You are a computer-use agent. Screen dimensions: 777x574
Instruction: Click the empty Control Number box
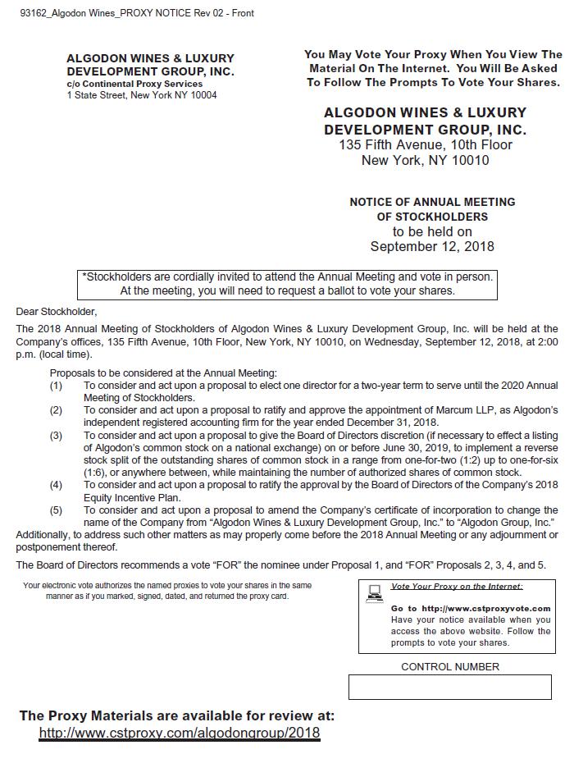[449, 688]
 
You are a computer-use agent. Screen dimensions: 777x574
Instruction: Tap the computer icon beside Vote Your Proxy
[376, 592]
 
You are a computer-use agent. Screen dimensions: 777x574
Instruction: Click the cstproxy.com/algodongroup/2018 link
[179, 733]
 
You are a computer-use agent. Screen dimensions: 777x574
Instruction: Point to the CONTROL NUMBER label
[449, 667]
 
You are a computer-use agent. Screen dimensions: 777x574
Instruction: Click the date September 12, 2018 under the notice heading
[432, 247]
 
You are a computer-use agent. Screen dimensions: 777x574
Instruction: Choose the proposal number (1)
[56, 386]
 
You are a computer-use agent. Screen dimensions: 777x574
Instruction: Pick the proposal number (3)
[56, 436]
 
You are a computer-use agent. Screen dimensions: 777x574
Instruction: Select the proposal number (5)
[56, 510]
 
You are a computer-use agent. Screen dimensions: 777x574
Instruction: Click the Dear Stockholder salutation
[57, 312]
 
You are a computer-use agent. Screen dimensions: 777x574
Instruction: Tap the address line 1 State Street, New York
[142, 95]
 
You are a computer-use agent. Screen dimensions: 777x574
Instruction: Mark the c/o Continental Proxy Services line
[134, 84]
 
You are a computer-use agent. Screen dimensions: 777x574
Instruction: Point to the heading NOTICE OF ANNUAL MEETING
[432, 202]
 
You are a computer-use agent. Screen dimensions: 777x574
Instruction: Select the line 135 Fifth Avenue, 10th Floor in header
[426, 145]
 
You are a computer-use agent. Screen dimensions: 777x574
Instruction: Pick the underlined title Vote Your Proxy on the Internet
[457, 587]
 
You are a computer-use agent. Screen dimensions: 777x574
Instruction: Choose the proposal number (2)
[56, 410]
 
